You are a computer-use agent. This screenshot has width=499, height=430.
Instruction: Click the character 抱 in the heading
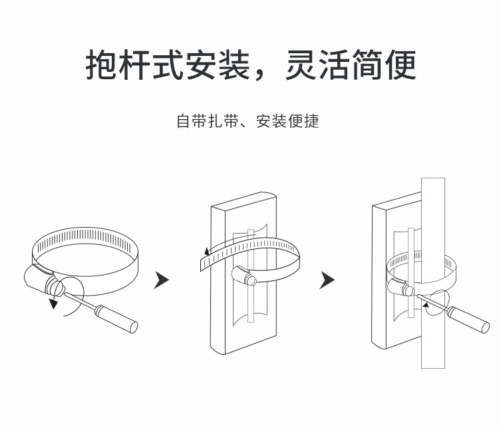click(x=102, y=65)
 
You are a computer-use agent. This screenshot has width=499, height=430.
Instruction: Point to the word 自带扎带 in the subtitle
click(x=208, y=122)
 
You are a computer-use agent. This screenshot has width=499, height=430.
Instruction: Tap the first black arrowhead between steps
click(x=160, y=280)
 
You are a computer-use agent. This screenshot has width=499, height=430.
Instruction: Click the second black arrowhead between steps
click(x=326, y=280)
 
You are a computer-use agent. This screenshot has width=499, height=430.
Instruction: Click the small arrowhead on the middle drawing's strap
click(x=207, y=252)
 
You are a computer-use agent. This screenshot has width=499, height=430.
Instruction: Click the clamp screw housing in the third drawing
click(x=399, y=286)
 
